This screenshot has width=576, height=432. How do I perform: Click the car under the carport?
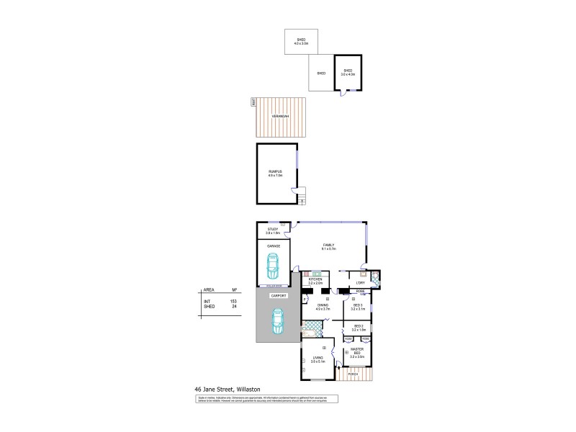point(277,320)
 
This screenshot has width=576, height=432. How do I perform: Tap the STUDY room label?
point(272,230)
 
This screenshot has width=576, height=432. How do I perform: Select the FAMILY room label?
point(329,245)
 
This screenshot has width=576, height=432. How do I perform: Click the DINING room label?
point(323,305)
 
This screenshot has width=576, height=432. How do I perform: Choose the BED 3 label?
point(358,305)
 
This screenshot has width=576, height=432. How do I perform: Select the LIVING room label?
point(318,357)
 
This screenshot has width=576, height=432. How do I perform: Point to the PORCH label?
point(353,374)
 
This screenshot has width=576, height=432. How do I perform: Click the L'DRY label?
point(359,282)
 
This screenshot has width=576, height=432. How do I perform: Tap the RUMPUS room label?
point(275,172)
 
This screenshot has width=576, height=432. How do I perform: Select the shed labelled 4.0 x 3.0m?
point(300,41)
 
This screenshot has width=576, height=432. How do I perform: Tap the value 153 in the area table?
point(233,300)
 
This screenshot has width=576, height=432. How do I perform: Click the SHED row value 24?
point(234,306)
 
